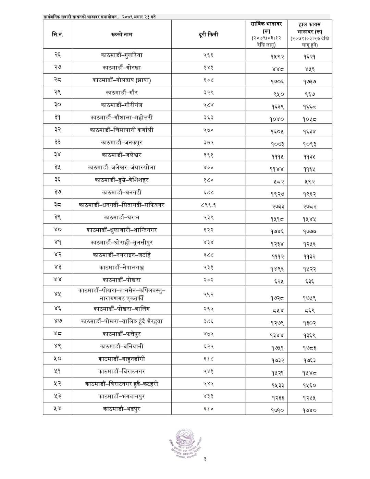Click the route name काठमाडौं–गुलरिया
122,55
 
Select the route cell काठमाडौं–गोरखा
122,68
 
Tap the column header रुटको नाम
122,34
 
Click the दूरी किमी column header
208,34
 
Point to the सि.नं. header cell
58,34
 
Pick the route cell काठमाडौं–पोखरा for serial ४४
122,280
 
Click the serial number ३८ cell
58,205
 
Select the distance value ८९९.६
208,205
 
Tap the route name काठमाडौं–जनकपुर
122,142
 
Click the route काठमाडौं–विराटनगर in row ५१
122,371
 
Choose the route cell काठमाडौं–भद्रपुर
122,409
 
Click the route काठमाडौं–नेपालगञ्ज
122,267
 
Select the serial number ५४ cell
58,409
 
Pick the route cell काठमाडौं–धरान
122,217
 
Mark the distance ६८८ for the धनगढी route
208,192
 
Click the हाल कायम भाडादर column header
309,34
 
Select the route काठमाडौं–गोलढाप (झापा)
122,80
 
